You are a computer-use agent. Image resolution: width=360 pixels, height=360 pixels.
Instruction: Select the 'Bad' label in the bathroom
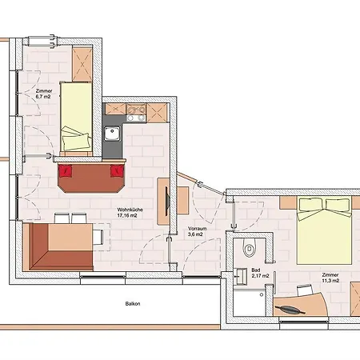coord(256,270)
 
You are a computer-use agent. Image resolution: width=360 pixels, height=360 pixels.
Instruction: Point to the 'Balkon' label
coord(122,304)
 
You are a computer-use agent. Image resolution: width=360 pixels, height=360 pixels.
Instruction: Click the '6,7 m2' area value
coord(45,98)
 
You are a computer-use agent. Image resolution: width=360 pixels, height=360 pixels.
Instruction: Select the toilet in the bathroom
coord(250,249)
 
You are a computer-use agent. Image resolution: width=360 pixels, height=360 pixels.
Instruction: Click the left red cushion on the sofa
coord(66,170)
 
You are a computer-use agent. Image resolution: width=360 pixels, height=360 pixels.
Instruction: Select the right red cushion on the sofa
coord(118,170)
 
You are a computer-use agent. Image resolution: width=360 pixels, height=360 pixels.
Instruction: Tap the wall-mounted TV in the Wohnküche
coord(166,203)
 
